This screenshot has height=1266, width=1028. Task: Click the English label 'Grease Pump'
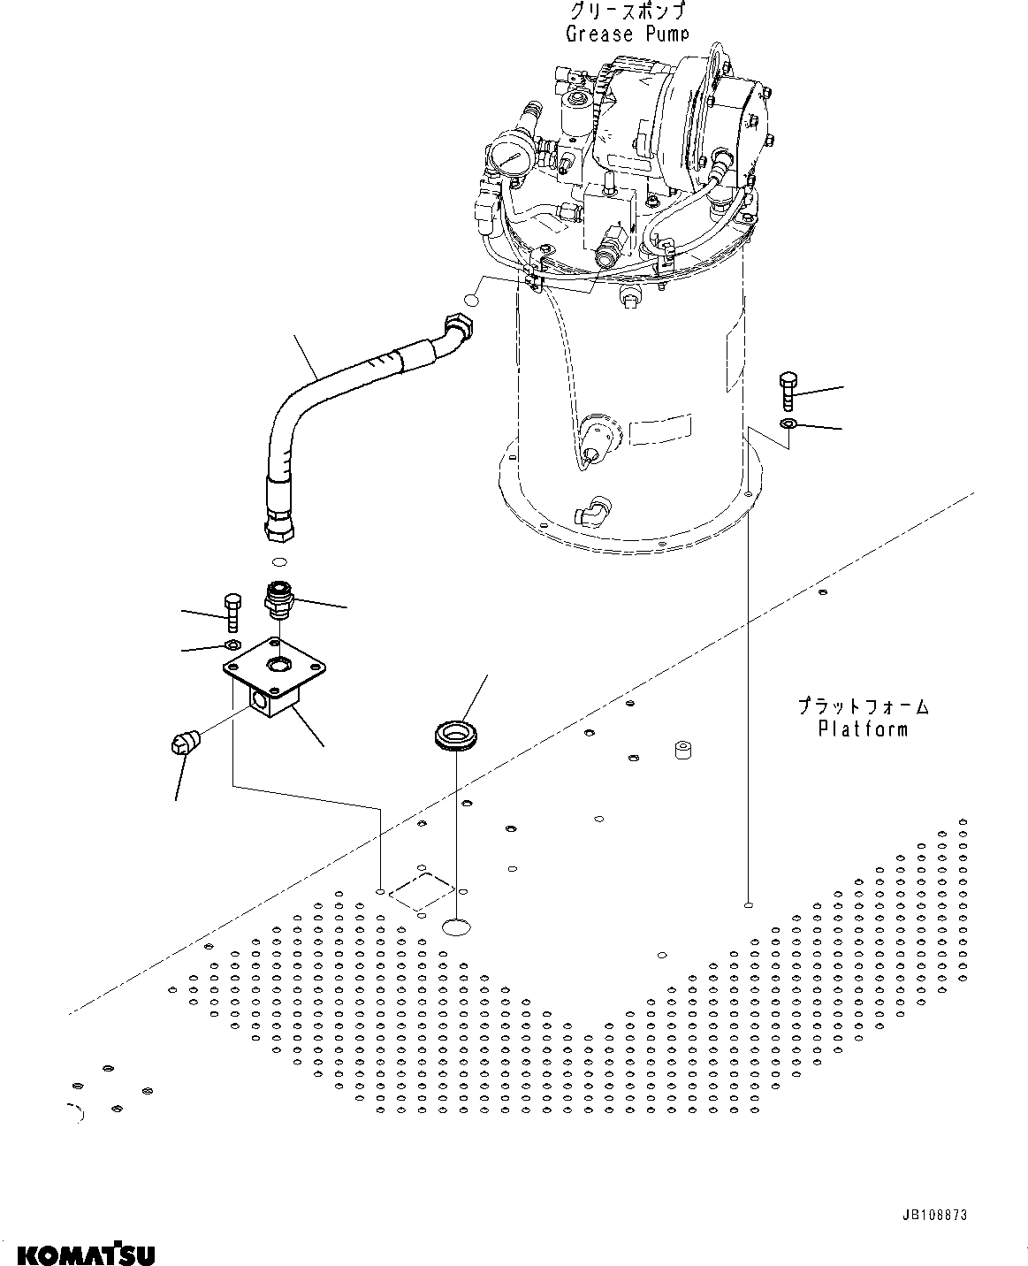(x=627, y=34)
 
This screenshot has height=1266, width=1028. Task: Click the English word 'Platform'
(x=862, y=729)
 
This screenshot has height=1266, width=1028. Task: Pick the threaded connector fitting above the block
(x=278, y=599)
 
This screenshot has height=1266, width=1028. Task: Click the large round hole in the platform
(x=456, y=927)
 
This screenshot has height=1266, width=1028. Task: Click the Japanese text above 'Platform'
(x=862, y=706)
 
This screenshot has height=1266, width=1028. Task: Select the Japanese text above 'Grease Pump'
(x=627, y=11)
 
